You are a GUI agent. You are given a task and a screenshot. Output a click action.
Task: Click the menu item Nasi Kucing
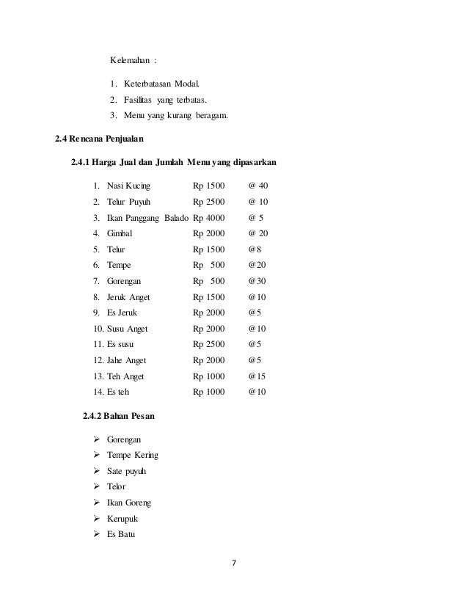click(x=128, y=185)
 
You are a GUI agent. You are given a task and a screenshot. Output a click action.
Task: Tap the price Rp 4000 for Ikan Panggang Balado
click(x=210, y=217)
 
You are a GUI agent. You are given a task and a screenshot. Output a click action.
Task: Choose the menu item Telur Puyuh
click(x=129, y=201)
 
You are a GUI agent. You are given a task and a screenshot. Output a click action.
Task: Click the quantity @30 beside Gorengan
click(x=257, y=280)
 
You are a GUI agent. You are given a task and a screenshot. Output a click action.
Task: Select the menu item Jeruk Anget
click(x=128, y=296)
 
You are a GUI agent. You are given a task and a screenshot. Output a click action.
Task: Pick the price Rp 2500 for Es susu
click(x=210, y=344)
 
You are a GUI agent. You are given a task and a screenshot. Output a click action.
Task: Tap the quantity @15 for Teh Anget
click(x=257, y=376)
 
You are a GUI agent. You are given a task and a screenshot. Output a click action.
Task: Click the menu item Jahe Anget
click(x=126, y=360)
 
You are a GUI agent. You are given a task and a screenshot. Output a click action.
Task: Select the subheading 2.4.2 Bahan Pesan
click(x=119, y=417)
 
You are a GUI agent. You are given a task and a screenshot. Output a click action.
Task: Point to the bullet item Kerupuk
click(x=124, y=519)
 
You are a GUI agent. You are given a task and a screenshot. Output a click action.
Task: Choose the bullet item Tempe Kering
click(x=132, y=455)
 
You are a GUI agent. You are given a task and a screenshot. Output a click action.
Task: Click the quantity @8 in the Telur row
click(x=255, y=249)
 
